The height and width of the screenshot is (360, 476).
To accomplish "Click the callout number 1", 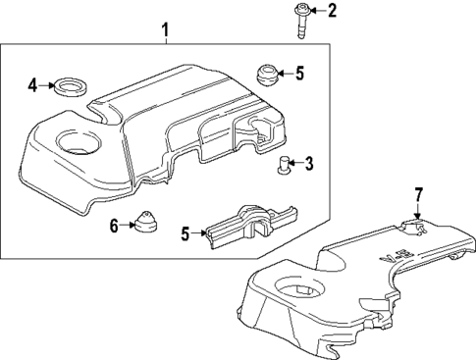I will tap(166, 31).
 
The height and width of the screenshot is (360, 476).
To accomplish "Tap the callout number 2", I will tap(331, 11).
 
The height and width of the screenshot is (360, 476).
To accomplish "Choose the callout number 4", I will tap(32, 85).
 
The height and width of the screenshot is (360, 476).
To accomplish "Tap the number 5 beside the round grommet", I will tap(300, 72).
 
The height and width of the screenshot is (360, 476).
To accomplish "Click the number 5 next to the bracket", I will tap(185, 234).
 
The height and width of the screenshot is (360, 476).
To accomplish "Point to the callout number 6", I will tap(114, 226).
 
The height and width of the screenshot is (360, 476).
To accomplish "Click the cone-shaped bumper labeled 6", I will tap(145, 224).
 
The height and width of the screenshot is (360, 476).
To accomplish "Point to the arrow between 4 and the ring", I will tap(47, 86).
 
